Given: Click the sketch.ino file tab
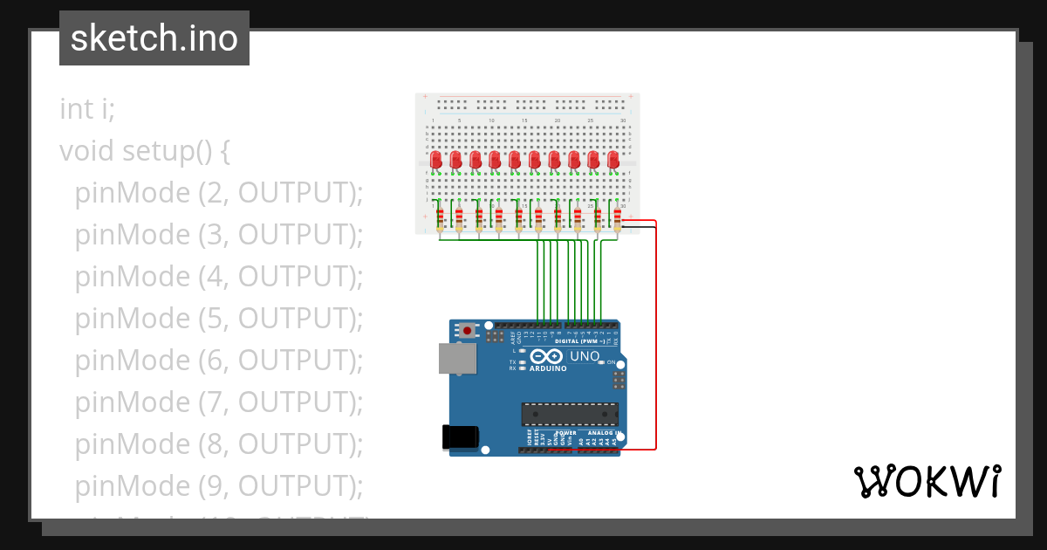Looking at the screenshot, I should (154, 38).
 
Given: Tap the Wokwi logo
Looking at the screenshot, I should (927, 481).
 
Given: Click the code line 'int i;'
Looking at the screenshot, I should (87, 109).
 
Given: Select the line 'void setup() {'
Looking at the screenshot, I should (145, 151).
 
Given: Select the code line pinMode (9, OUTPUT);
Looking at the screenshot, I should (218, 486).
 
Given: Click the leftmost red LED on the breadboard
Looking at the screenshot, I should (436, 160).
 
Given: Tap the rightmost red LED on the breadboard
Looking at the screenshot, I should (613, 160).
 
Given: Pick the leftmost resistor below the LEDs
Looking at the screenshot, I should (439, 217).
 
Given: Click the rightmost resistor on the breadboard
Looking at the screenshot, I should (617, 217).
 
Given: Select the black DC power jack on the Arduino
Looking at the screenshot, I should (461, 437).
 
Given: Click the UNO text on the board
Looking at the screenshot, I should (585, 357).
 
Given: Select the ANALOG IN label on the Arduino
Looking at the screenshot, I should (602, 433).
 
